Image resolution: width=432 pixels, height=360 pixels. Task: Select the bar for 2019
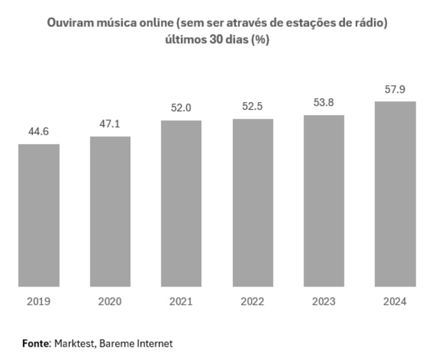(x=39, y=215)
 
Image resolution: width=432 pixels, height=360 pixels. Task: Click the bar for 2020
(x=110, y=212)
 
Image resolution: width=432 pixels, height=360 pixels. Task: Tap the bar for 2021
(x=181, y=203)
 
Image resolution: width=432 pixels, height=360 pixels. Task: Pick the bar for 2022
(x=252, y=203)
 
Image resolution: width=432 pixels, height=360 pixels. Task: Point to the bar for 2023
(x=324, y=201)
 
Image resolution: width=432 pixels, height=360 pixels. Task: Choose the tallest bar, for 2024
(x=395, y=194)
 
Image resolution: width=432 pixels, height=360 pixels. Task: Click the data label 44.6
(x=39, y=131)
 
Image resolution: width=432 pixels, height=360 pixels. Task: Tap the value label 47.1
(x=110, y=124)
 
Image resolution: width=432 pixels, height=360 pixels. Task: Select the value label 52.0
(x=181, y=108)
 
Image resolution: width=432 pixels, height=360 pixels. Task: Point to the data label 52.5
(x=252, y=106)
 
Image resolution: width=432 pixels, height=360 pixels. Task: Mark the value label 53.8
(x=324, y=102)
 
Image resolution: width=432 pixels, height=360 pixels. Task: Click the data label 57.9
(x=395, y=90)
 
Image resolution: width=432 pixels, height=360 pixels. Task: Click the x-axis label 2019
(x=39, y=301)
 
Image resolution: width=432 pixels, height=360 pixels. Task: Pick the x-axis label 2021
(x=181, y=301)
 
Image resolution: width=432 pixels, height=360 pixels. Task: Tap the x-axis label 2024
(x=395, y=301)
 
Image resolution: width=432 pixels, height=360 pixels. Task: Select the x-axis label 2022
(x=252, y=301)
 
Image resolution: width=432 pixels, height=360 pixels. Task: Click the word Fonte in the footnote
(x=36, y=344)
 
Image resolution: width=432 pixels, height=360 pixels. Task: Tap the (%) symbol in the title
(x=260, y=38)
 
